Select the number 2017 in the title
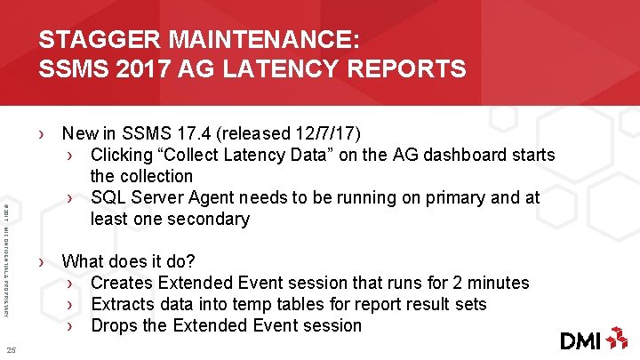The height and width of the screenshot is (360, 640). click(x=133, y=68)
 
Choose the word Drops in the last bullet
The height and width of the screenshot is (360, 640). click(x=115, y=326)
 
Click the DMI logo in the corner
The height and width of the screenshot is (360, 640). click(x=593, y=339)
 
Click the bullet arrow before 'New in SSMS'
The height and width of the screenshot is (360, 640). click(x=42, y=135)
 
